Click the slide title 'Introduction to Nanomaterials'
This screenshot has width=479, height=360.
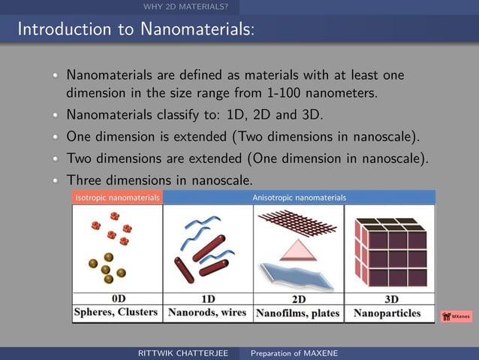pyautogui.click(x=135, y=30)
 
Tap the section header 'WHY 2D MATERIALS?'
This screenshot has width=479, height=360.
pyautogui.click(x=185, y=8)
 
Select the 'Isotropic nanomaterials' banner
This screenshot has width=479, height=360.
pyautogui.click(x=117, y=197)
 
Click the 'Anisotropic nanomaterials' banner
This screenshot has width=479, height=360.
pyautogui.click(x=299, y=197)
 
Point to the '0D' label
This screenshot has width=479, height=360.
pyautogui.click(x=118, y=298)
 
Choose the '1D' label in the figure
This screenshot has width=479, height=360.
pyautogui.click(x=208, y=298)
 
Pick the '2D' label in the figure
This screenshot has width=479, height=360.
pyautogui.click(x=298, y=298)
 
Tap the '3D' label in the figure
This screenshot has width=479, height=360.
pyautogui.click(x=390, y=298)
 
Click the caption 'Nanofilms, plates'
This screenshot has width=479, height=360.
pyautogui.click(x=298, y=313)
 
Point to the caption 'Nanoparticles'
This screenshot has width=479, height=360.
pyautogui.click(x=387, y=313)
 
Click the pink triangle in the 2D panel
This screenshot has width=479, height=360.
pyautogui.click(x=298, y=249)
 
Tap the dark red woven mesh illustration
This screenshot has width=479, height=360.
pyautogui.click(x=298, y=222)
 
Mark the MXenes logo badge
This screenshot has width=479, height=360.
pyautogui.click(x=456, y=316)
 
